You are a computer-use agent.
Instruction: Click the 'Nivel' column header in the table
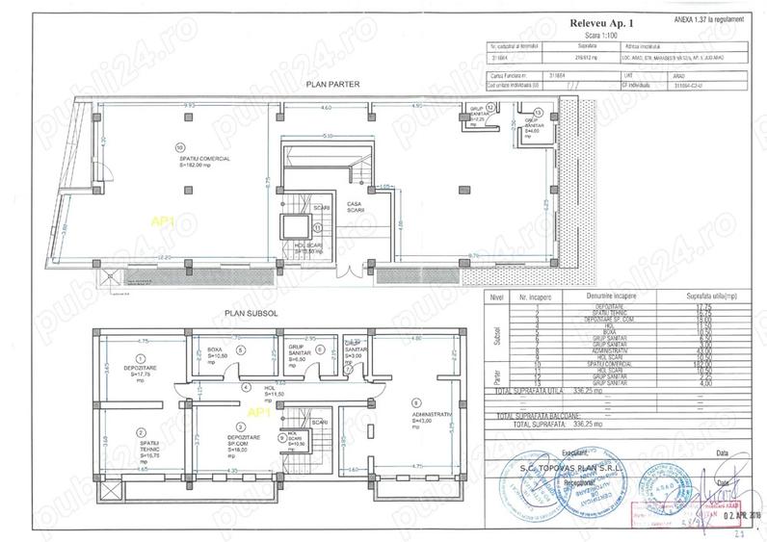496,298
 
